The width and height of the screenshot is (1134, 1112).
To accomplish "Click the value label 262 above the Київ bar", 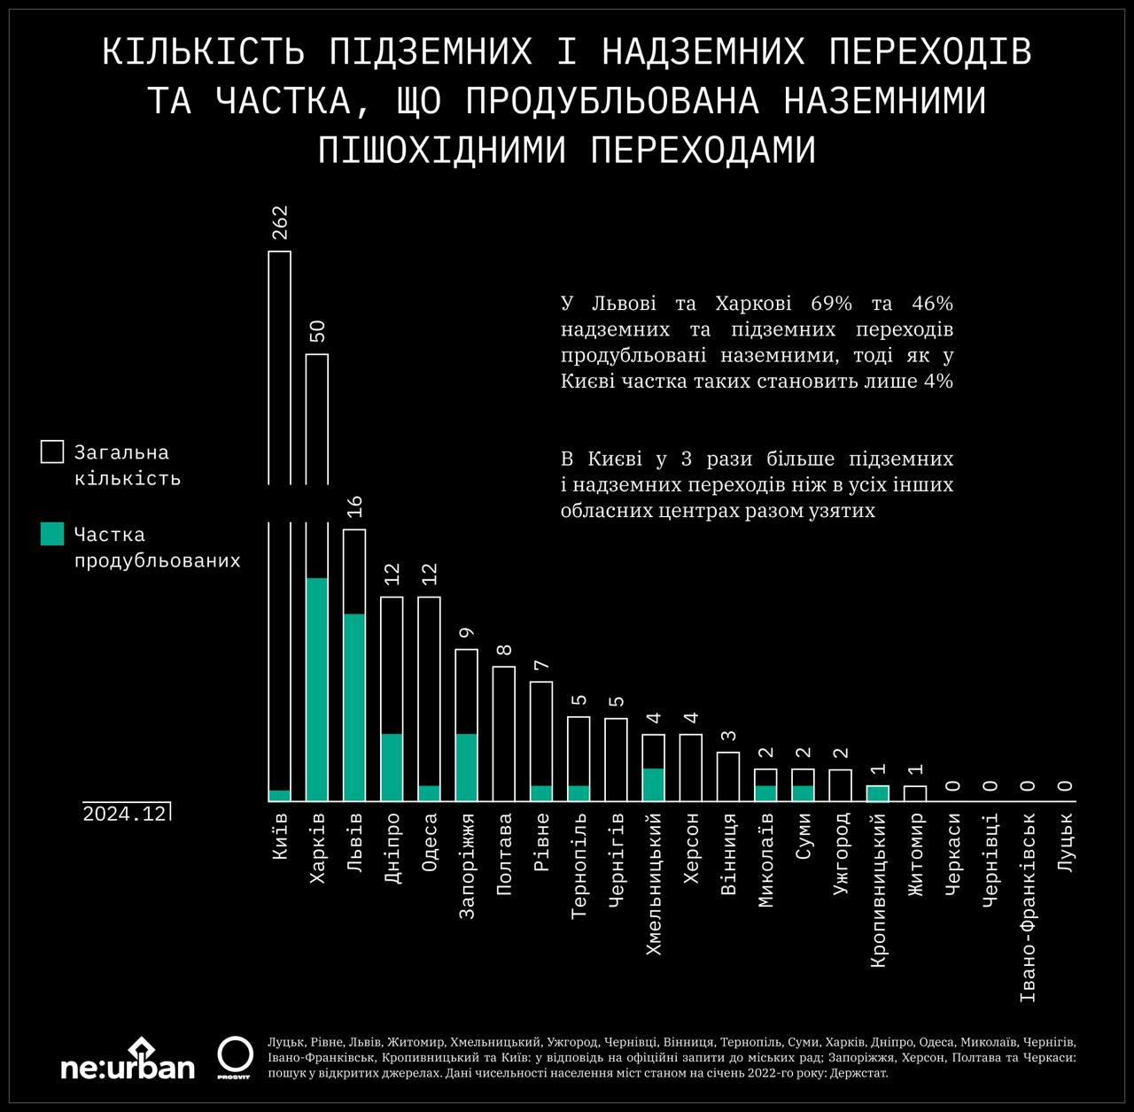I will (x=280, y=223).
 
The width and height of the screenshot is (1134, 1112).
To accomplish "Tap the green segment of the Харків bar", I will (x=317, y=689).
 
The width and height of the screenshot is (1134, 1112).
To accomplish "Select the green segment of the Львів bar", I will (x=354, y=707).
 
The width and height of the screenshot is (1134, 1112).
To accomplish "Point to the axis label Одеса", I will (x=429, y=842).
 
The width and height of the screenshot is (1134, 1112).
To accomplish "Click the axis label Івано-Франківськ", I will (x=1028, y=907).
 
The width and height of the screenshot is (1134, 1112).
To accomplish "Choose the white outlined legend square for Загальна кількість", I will (x=52, y=452).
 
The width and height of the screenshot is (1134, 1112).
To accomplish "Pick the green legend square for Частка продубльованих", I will (x=52, y=534).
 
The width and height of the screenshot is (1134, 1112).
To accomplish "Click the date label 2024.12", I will (x=125, y=814).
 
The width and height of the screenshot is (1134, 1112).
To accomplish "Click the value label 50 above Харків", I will (x=317, y=332).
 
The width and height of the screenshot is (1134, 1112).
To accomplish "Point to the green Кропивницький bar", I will (x=877, y=792).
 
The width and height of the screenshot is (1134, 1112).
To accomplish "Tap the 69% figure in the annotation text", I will (x=831, y=304).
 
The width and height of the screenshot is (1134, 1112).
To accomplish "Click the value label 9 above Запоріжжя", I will (x=467, y=632).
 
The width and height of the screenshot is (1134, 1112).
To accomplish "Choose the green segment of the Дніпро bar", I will (x=392, y=767).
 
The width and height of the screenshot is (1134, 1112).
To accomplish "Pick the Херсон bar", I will (x=691, y=767).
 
